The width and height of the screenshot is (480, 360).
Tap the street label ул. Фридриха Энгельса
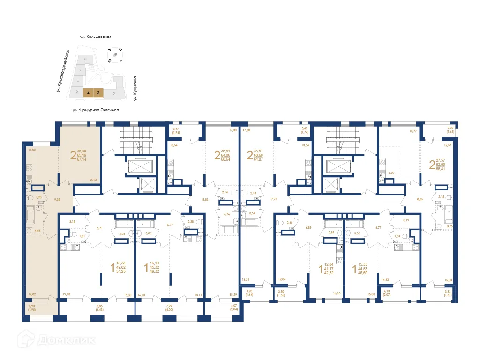point(96,110)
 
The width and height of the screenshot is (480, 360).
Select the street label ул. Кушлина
point(135,89)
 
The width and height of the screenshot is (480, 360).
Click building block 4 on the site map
point(88,93)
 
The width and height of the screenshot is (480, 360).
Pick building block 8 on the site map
point(85,60)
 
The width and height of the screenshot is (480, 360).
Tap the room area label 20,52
point(94,180)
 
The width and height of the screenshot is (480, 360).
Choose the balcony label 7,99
point(169,307)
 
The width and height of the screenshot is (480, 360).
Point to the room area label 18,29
point(233,295)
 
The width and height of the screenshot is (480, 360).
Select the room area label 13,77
point(387,132)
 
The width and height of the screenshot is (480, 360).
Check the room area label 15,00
point(449,281)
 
